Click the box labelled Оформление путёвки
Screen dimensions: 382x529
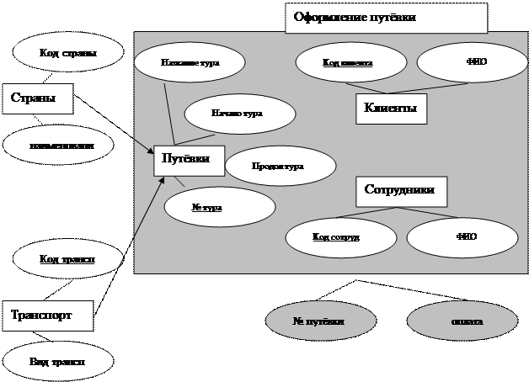click(x=387, y=18)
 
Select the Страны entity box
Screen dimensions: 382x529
click(x=37, y=98)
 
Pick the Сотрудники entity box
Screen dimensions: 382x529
click(x=401, y=191)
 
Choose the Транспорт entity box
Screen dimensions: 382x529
click(x=47, y=316)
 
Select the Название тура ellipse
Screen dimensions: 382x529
click(x=190, y=63)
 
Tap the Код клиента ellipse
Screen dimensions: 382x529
click(x=347, y=62)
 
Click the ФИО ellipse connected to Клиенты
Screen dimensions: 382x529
click(x=475, y=62)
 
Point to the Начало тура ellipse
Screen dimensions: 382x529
click(x=239, y=114)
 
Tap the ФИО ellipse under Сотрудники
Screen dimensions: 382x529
click(x=465, y=237)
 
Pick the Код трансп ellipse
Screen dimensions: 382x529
click(x=67, y=259)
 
